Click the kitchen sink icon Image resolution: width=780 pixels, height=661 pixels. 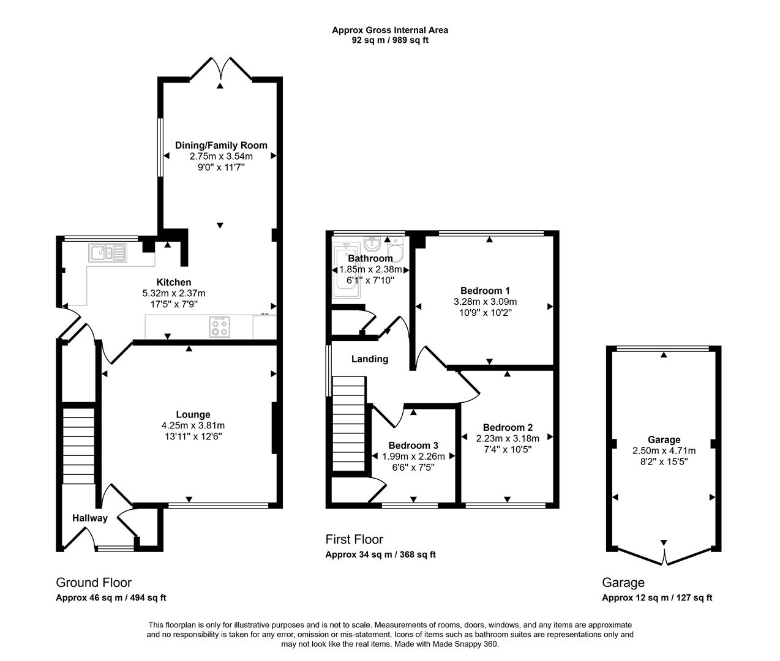pyautogui.click(x=107, y=252)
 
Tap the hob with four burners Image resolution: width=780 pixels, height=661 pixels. pyautogui.click(x=220, y=326)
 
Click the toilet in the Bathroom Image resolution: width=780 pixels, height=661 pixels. pyautogui.click(x=396, y=252)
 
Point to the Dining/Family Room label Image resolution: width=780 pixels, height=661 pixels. pyautogui.click(x=221, y=145)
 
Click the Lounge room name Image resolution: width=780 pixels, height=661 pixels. pyautogui.click(x=193, y=414)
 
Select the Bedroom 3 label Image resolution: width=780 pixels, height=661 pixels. pyautogui.click(x=413, y=446)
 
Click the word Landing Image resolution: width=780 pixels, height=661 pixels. pyautogui.click(x=369, y=359)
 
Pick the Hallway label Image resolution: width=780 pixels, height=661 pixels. pyautogui.click(x=90, y=518)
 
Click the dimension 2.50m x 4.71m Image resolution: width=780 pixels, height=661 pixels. pyautogui.click(x=664, y=451)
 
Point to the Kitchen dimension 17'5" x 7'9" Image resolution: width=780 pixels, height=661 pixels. pyautogui.click(x=174, y=304)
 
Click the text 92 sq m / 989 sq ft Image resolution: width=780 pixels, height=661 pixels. pyautogui.click(x=389, y=40)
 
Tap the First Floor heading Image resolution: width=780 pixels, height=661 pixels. pyautogui.click(x=354, y=539)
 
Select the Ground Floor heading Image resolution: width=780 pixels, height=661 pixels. pyautogui.click(x=94, y=582)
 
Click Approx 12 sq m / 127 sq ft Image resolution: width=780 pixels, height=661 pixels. pyautogui.click(x=657, y=598)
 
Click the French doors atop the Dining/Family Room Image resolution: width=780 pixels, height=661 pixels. pyautogui.click(x=221, y=69)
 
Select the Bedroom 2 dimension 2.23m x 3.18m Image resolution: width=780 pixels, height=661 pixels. pyautogui.click(x=508, y=438)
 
